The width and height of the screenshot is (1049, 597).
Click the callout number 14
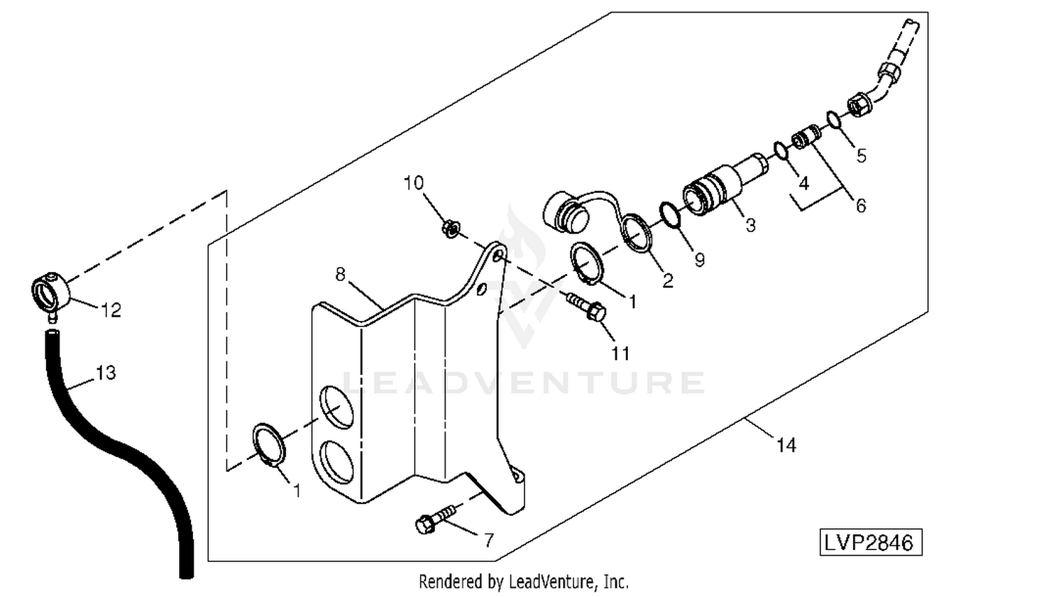[786, 445]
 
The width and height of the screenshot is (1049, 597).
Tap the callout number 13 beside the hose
[106, 373]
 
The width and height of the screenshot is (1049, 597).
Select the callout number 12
[111, 310]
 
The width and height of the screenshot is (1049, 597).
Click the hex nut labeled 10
[451, 228]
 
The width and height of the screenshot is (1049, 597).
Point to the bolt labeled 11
[587, 308]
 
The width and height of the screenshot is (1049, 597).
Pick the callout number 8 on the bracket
[341, 275]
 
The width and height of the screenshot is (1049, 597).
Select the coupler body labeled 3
[720, 185]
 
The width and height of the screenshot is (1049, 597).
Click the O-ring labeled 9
[670, 215]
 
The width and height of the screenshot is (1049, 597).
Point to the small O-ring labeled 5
[833, 120]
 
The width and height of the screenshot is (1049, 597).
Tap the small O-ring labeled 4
[781, 150]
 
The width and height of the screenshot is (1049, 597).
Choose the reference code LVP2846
[870, 543]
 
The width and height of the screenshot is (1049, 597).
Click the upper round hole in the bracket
[337, 407]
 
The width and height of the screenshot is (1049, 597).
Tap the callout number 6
[861, 206]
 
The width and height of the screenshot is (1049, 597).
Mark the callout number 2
[668, 281]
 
